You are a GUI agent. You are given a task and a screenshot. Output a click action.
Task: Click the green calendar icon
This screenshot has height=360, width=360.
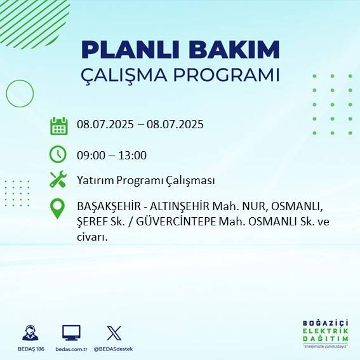click(x=59, y=126)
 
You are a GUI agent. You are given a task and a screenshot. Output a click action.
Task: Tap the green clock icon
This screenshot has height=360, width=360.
click(x=58, y=154)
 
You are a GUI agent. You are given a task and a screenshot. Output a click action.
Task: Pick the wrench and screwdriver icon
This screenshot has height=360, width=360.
click(x=58, y=180)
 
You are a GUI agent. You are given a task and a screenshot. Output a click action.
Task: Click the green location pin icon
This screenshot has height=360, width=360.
click(x=58, y=209)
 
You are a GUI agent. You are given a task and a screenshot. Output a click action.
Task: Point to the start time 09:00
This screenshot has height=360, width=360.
click(x=90, y=155)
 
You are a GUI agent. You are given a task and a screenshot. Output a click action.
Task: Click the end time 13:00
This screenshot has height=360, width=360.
click(x=133, y=155)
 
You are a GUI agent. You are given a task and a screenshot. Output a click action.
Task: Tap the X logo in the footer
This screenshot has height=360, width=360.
click(x=114, y=333)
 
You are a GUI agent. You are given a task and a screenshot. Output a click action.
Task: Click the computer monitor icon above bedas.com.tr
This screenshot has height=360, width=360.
click(x=70, y=333)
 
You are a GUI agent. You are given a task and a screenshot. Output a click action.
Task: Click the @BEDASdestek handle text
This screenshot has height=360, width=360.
click(x=113, y=349)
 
